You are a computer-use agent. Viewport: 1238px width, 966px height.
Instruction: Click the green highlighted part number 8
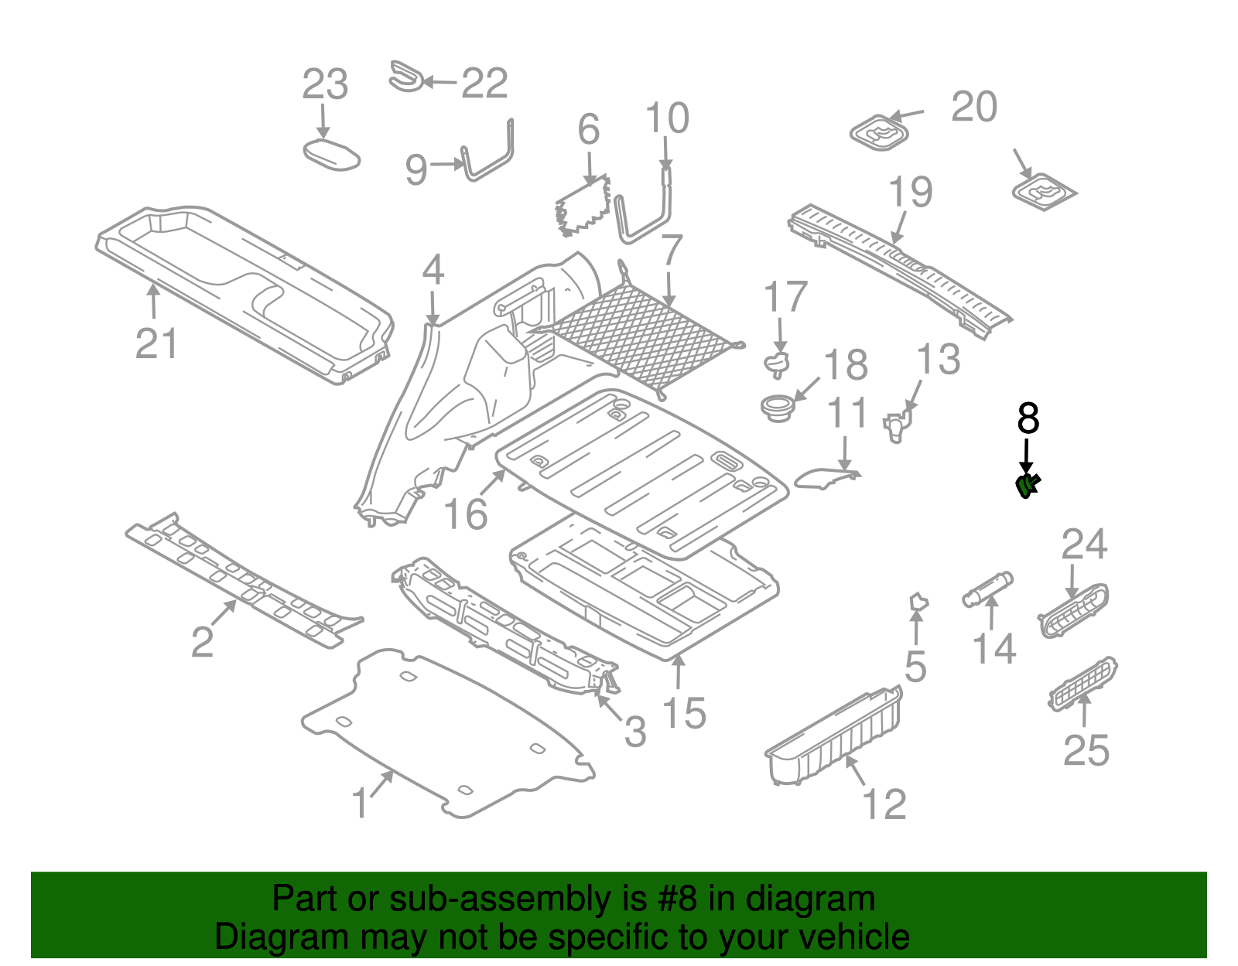[x=1027, y=486]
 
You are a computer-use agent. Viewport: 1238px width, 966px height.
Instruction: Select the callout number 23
[x=324, y=84]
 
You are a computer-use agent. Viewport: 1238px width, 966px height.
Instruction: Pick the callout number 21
[x=156, y=343]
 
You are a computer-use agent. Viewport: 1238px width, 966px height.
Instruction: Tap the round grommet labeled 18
[x=776, y=407]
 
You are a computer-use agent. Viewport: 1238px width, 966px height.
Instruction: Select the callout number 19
[x=910, y=192]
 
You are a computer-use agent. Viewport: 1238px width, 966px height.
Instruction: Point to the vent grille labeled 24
[x=1073, y=610]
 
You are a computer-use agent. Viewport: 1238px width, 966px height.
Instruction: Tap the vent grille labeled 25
[x=1082, y=683]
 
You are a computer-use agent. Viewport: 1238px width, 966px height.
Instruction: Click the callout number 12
[x=884, y=804]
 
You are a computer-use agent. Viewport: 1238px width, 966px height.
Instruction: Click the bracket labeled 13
[x=897, y=425]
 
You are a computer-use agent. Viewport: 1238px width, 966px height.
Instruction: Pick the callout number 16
[x=466, y=514]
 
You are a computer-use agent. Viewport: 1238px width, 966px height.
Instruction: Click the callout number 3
[x=634, y=732]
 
